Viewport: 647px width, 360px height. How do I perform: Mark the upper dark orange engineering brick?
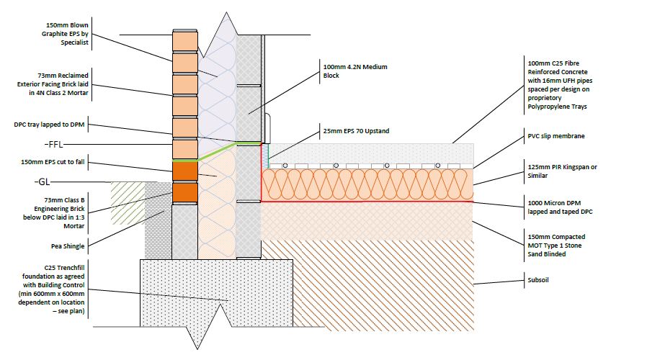click(184, 171)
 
